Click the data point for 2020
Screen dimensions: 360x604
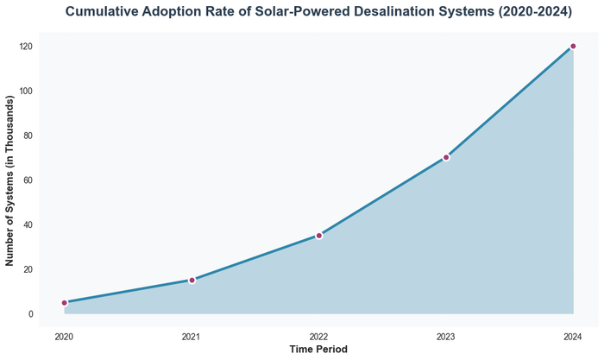[65, 303]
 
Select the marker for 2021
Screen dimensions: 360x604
[192, 280]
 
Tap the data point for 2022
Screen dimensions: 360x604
[318, 236]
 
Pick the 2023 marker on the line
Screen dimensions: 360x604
[446, 157]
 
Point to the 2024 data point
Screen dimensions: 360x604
[573, 47]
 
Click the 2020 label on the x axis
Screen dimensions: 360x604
[65, 336]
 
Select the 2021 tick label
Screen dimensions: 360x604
[192, 336]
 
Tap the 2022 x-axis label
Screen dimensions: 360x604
[318, 336]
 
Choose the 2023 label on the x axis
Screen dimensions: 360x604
[446, 336]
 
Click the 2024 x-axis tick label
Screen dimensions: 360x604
[573, 336]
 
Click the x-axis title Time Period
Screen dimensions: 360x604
[318, 350]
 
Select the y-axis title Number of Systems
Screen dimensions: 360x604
[11, 180]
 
